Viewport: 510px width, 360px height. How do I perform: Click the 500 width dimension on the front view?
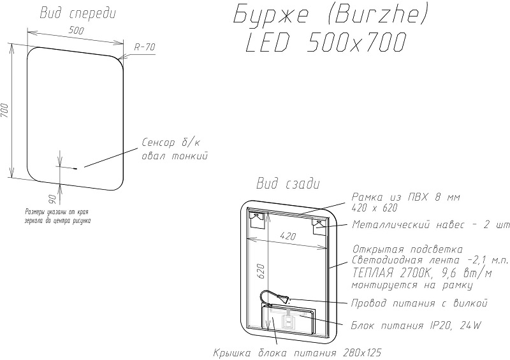[x=76, y=31]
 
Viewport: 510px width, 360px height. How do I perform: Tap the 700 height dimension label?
[x=4, y=112]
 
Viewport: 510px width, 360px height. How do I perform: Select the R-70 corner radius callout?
[x=145, y=48]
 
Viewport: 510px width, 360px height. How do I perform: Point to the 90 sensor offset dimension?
[x=53, y=198]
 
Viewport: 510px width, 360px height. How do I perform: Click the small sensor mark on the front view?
[x=75, y=168]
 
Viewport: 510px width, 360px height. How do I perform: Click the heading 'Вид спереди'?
[x=78, y=13]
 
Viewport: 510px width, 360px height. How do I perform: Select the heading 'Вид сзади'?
[x=288, y=184]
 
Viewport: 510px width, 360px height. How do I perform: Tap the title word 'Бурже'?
[x=270, y=15]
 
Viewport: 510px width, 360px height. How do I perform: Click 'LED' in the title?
[x=267, y=43]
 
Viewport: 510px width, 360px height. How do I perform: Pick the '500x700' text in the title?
[x=356, y=43]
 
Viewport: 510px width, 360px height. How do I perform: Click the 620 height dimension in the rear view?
[x=262, y=271]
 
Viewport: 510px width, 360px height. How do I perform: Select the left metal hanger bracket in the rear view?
[x=256, y=220]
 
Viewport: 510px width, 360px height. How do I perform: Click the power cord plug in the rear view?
[x=284, y=298]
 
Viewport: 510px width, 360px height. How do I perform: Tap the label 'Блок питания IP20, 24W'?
[x=416, y=326]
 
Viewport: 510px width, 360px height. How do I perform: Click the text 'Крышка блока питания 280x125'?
[x=297, y=353]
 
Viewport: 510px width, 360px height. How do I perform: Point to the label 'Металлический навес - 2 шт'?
[x=431, y=225]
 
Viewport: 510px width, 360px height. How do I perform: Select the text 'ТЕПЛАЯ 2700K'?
[x=391, y=273]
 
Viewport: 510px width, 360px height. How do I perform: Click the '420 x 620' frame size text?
[x=375, y=208]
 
